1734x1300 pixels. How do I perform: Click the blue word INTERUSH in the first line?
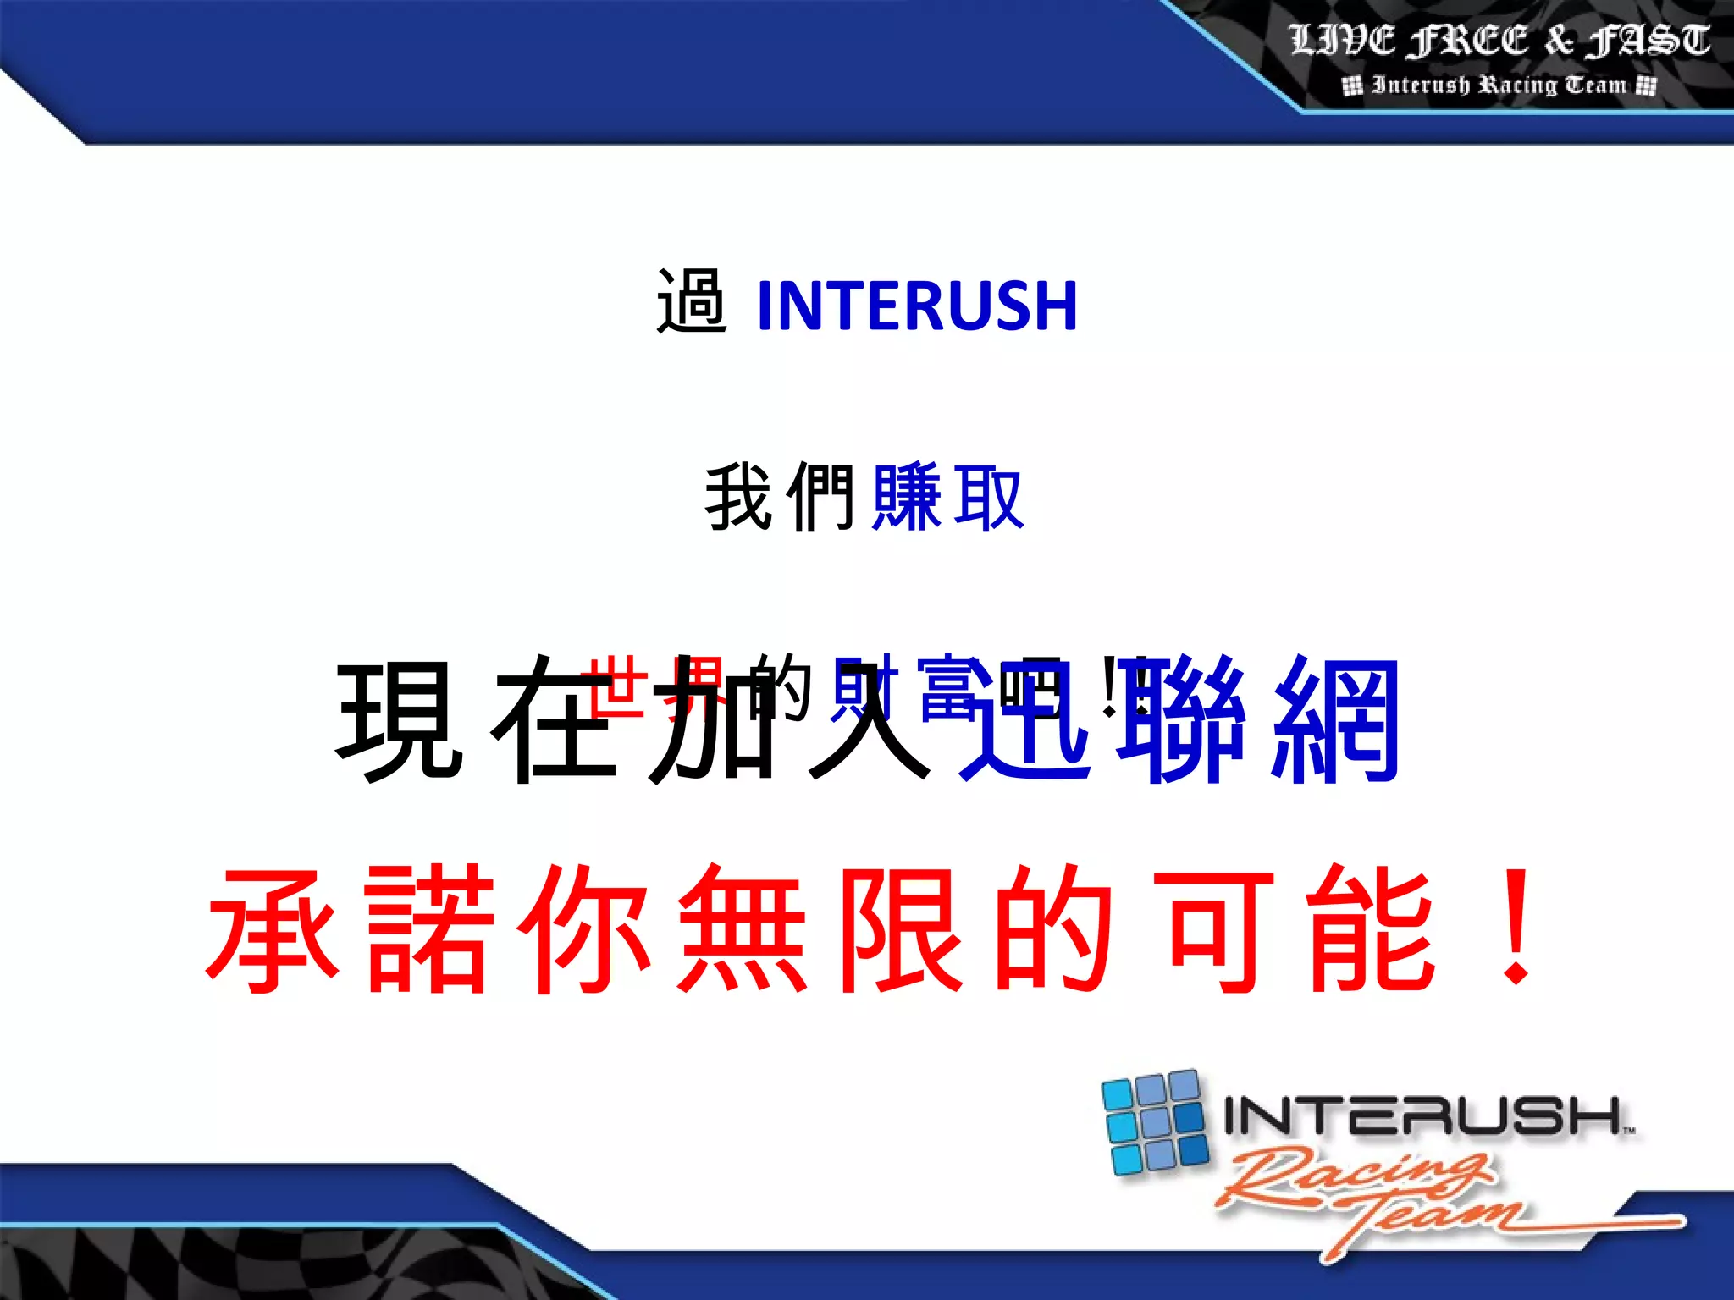tap(917, 306)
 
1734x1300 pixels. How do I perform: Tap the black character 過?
tap(691, 301)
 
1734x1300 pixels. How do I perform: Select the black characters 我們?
tap(780, 498)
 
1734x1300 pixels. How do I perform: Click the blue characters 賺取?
tap(948, 498)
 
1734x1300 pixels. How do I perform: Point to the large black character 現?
tap(400, 719)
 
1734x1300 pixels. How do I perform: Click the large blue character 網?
tap(1336, 719)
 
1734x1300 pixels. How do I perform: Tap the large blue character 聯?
tap(1181, 719)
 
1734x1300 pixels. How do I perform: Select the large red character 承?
tap(273, 929)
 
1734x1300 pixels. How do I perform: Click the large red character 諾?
tap(429, 929)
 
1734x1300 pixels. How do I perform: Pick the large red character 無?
tap(743, 929)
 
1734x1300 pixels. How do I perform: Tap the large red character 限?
tap(900, 929)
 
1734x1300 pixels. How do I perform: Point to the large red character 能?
tap(1370, 929)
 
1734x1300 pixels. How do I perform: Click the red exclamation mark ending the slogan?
tap(1516, 929)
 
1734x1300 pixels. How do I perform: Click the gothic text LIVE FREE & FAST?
tap(1499, 41)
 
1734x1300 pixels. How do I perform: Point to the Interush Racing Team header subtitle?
tap(1499, 85)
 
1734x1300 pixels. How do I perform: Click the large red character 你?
tap(585, 929)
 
